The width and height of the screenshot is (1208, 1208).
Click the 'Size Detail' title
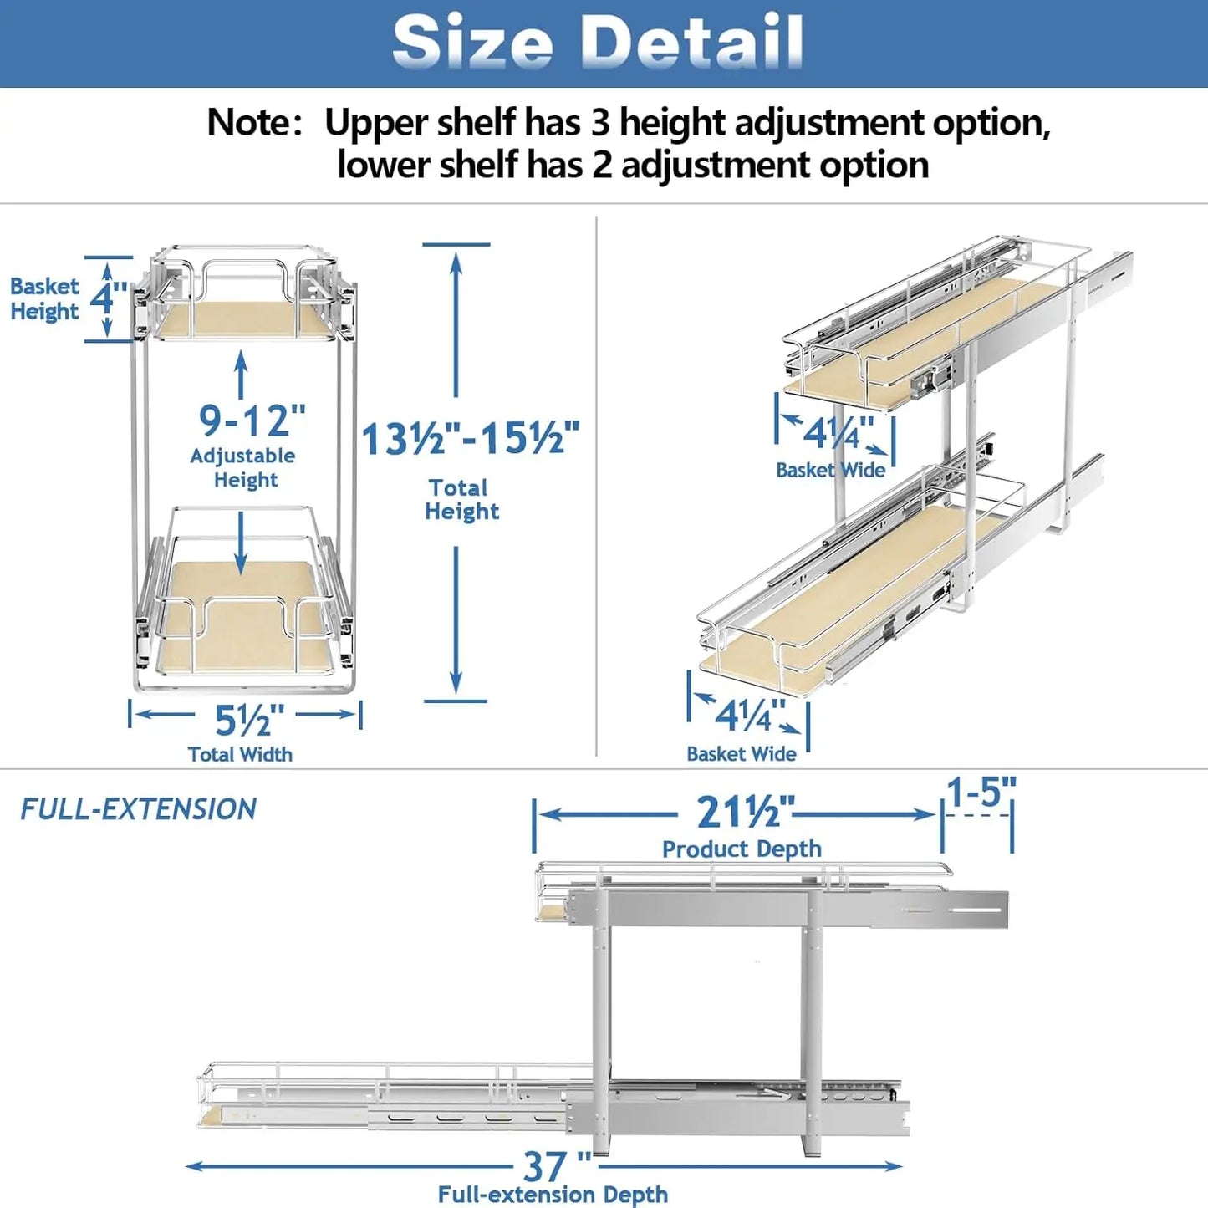click(598, 42)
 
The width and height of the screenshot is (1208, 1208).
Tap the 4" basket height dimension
click(107, 298)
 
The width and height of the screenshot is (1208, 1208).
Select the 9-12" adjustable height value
click(252, 421)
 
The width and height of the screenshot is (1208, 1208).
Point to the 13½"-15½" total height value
click(471, 438)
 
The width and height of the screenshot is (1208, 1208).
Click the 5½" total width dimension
click(248, 719)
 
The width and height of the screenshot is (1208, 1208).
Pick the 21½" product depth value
click(745, 812)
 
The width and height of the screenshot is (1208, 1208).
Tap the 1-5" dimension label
click(981, 792)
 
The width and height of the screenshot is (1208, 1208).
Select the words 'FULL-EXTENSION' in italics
click(139, 809)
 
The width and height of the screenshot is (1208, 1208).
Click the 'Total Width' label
click(240, 754)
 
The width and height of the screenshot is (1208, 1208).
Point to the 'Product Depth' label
click(742, 849)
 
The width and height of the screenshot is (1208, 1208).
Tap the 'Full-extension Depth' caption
click(553, 1195)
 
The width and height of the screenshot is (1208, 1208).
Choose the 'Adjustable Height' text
click(243, 467)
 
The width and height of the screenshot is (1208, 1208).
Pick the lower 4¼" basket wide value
click(749, 716)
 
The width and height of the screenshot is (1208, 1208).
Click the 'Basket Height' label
click(44, 298)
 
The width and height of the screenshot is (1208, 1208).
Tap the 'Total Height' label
click(461, 499)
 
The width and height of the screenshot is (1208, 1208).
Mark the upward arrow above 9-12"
click(242, 374)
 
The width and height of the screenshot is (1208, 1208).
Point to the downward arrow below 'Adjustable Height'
click(242, 543)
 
